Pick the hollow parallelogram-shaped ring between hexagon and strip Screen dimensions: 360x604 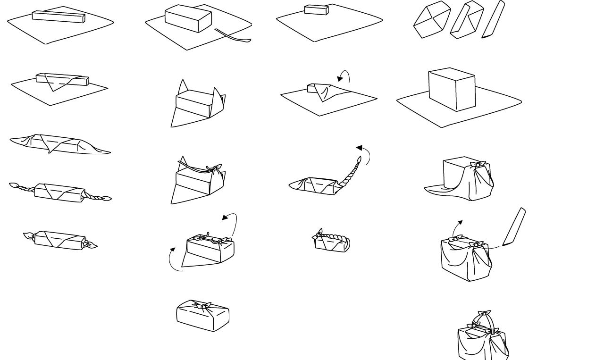tap(467, 20)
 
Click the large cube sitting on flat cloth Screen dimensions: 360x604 tap(452, 90)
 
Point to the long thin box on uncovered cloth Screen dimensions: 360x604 tap(59, 17)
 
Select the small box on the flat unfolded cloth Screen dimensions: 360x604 tap(316, 10)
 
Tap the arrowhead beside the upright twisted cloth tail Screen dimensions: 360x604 tap(360, 149)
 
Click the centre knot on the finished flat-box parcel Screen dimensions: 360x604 tap(203, 307)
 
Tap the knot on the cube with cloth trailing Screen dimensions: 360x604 tap(478, 165)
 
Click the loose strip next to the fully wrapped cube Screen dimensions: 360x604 tap(514, 227)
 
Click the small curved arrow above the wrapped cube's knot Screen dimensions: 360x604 tap(457, 227)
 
